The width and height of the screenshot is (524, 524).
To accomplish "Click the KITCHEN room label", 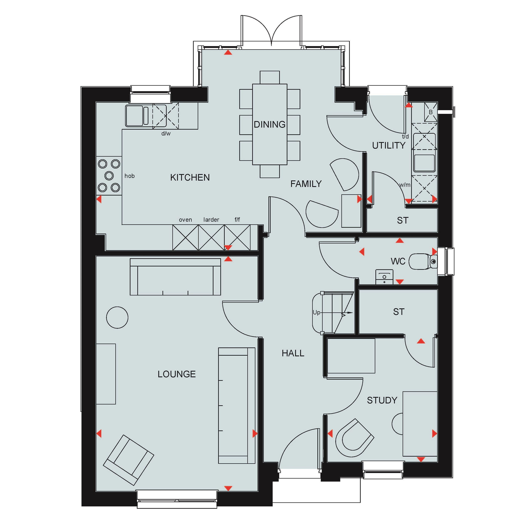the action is tap(190, 177).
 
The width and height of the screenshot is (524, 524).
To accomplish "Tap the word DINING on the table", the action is tap(270, 125).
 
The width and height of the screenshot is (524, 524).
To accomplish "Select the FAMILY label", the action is tap(306, 184).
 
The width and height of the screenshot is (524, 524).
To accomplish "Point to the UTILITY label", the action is tap(389, 146).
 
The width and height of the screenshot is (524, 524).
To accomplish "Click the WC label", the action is tap(398, 261).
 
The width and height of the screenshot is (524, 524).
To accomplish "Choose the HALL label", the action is tap(293, 353).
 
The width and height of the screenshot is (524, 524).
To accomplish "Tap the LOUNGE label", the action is tap(177, 374).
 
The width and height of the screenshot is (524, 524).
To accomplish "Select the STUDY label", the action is tap(382, 400).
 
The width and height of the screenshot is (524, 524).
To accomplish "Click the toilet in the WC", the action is tap(423, 261).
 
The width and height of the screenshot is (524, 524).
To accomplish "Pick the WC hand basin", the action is tap(384, 277).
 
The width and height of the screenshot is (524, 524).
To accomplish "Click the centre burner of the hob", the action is tap(109, 176).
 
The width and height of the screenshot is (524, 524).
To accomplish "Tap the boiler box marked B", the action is tap(431, 112).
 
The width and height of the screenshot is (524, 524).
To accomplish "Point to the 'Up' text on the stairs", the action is tap(316, 313).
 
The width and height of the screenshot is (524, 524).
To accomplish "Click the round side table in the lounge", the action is tap(117, 318).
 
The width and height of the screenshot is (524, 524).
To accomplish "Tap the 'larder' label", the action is tap(211, 220).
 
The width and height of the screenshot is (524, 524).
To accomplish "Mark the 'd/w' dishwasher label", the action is tap(166, 133).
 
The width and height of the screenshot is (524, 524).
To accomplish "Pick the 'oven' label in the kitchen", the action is tap(185, 220).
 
